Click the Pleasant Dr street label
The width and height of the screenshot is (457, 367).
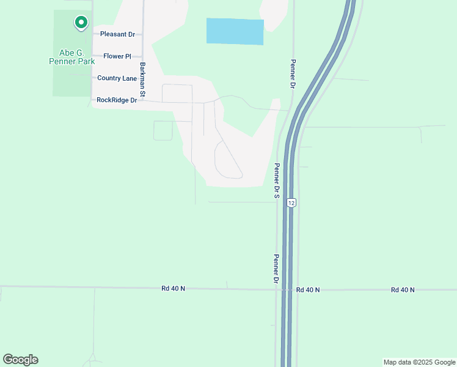[117, 34]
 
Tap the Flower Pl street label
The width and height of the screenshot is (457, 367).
[117, 56]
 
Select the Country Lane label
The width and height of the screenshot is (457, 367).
[117, 78]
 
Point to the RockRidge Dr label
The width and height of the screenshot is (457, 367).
[117, 100]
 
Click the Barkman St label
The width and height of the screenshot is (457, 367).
[142, 80]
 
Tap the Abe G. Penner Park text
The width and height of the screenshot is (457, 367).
[73, 57]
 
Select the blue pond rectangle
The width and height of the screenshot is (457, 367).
[235, 31]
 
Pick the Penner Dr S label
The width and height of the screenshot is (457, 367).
[277, 181]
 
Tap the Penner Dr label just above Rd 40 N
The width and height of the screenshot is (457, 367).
[276, 268]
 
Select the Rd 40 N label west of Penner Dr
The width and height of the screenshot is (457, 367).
[173, 288]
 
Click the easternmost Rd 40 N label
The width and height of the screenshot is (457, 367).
[403, 290]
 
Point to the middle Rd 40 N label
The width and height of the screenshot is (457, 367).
[308, 290]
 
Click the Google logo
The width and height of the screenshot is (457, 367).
[20, 360]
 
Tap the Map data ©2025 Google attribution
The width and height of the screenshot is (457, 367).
[419, 362]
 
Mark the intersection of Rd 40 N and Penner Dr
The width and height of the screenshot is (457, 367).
[277, 289]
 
